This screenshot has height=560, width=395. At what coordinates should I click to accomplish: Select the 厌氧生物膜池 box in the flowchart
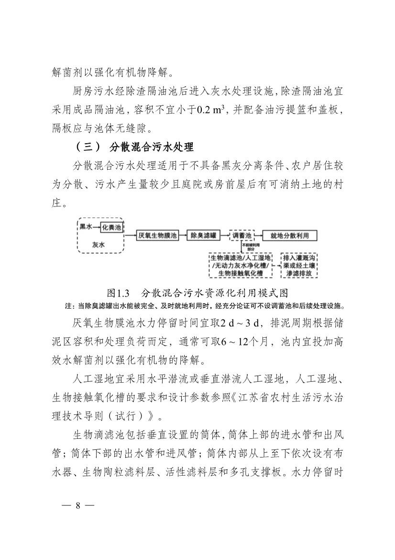pos(157,236)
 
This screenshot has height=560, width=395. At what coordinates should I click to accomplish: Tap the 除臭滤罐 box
pos(203,236)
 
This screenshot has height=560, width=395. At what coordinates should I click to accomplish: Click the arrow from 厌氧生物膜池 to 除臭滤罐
pos(182,236)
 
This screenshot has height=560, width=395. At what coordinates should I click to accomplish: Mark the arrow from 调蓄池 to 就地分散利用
pos(258,236)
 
